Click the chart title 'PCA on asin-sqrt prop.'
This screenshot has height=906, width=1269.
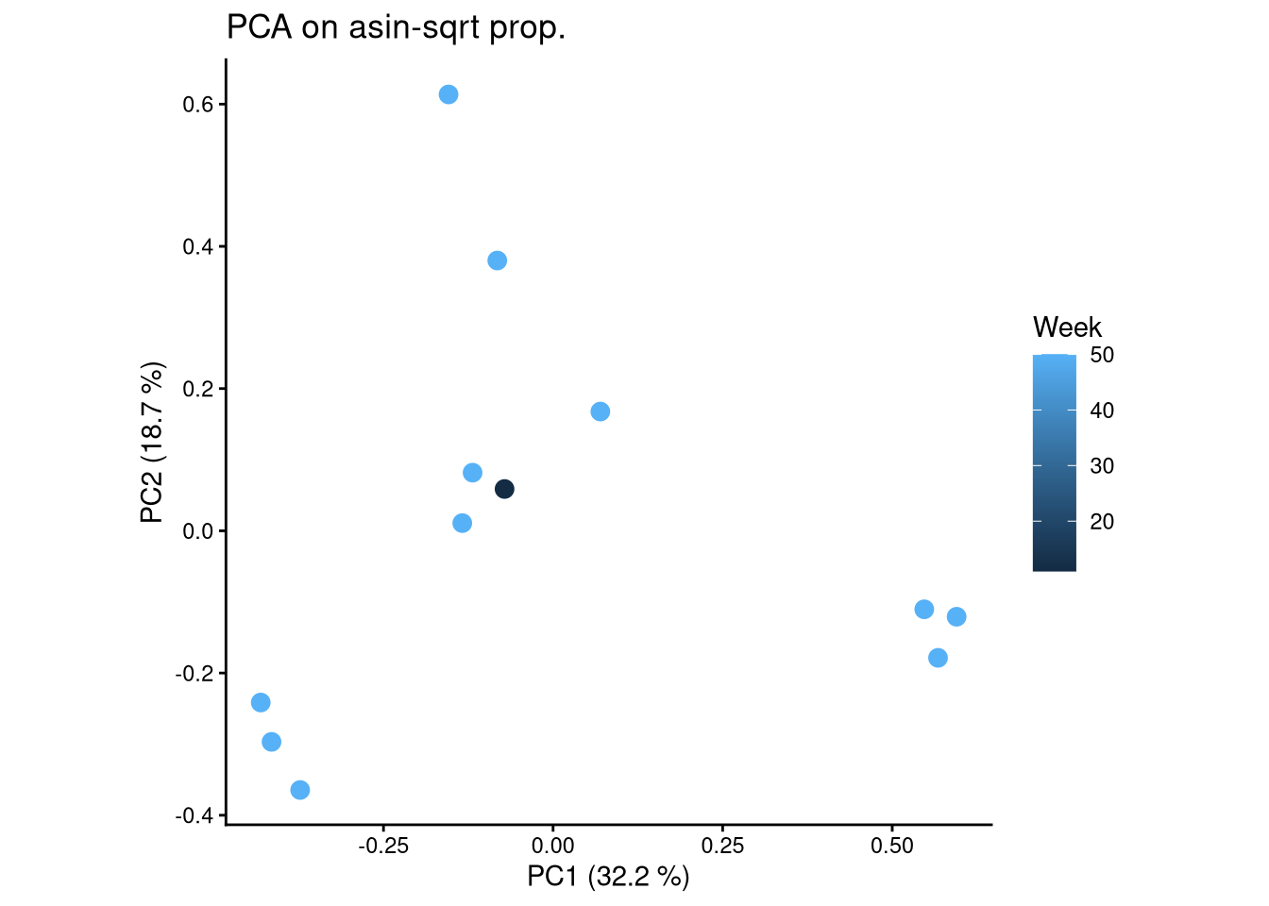click(396, 28)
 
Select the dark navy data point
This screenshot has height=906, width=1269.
click(504, 489)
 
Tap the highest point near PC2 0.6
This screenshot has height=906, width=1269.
click(448, 94)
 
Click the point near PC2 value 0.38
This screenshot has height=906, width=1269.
click(498, 260)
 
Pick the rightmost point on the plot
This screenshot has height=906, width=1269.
click(956, 617)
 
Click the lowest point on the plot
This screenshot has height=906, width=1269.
click(300, 790)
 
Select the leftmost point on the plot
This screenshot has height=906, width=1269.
click(261, 702)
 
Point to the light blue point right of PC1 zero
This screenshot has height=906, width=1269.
click(601, 411)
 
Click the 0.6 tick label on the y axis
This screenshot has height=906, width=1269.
click(196, 105)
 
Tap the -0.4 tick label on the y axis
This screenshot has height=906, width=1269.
click(193, 816)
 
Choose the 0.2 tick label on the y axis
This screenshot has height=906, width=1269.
click(196, 390)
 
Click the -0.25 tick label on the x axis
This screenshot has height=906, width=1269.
click(382, 846)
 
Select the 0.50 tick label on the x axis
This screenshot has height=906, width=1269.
click(892, 846)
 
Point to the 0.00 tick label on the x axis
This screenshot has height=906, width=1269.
click(553, 846)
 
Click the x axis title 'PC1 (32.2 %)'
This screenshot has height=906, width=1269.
click(608, 877)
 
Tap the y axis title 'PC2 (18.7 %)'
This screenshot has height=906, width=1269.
click(152, 442)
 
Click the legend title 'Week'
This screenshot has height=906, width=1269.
click(1067, 327)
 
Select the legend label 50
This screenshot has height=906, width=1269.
click(1102, 356)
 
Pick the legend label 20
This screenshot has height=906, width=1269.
click(1102, 522)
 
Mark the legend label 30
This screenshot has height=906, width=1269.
click(1102, 466)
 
